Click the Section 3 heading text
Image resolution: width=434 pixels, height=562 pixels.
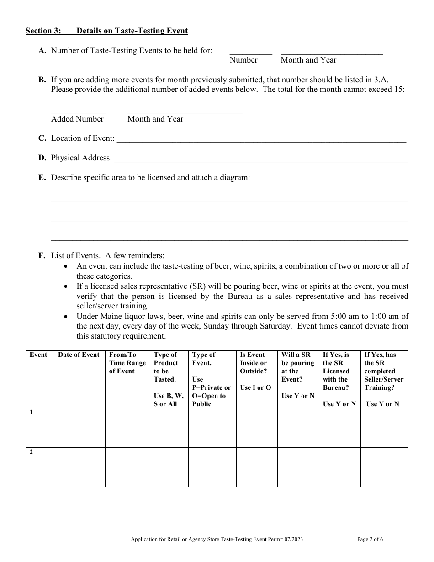point(106,31)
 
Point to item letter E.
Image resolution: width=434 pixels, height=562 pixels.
point(42,177)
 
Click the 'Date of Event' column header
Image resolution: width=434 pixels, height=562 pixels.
point(79,355)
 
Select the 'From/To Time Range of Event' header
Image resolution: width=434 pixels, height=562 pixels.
point(127,363)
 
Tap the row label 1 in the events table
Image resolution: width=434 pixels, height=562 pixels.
point(32,412)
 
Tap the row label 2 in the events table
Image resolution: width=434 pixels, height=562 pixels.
point(32,452)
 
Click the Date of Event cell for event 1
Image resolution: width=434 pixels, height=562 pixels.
point(79,428)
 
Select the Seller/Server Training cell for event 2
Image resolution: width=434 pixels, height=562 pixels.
point(384,467)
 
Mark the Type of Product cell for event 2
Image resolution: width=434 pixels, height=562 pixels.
point(169,467)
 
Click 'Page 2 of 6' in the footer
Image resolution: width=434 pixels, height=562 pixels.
point(370,539)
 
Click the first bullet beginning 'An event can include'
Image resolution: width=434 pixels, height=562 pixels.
point(242,266)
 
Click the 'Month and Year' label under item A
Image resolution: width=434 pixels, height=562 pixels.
point(308,60)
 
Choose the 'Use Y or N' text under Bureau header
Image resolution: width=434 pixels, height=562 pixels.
point(339,404)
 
